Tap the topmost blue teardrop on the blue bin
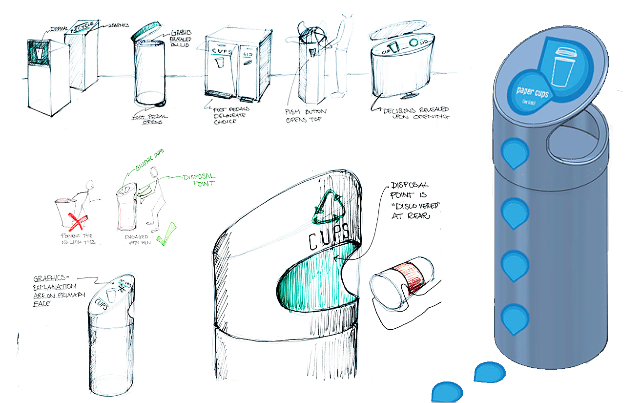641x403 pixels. coord(514,153)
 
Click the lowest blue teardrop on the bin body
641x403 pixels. coord(516,318)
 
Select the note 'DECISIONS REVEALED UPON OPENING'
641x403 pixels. coord(416,113)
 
